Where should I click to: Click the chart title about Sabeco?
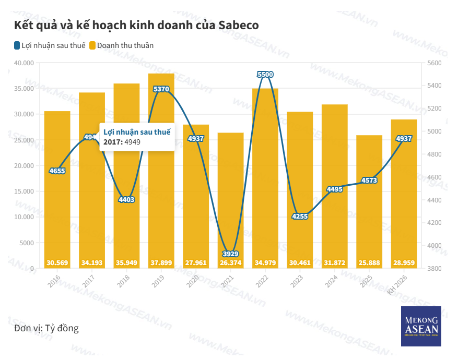pyautogui.click(x=136, y=25)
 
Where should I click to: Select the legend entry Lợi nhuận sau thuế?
pyautogui.click(x=50, y=45)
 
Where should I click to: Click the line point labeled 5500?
pyautogui.click(x=265, y=75)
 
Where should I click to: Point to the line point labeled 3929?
pyautogui.click(x=231, y=254)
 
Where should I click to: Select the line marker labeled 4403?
pyautogui.click(x=126, y=199)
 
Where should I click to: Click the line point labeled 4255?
pyautogui.click(x=300, y=217)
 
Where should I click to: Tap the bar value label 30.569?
pyautogui.click(x=57, y=262)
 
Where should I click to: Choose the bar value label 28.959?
pyautogui.click(x=404, y=262)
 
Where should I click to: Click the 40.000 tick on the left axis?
pyautogui.click(x=24, y=63)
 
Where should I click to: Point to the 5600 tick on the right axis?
pyautogui.click(x=434, y=63)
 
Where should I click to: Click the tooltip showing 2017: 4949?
pyautogui.click(x=137, y=137)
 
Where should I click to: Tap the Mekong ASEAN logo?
pyautogui.click(x=421, y=326)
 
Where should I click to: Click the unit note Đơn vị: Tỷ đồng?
pyautogui.click(x=46, y=328)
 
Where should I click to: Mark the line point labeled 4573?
pyautogui.click(x=369, y=181)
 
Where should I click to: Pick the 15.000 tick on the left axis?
pyautogui.click(x=24, y=191)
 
